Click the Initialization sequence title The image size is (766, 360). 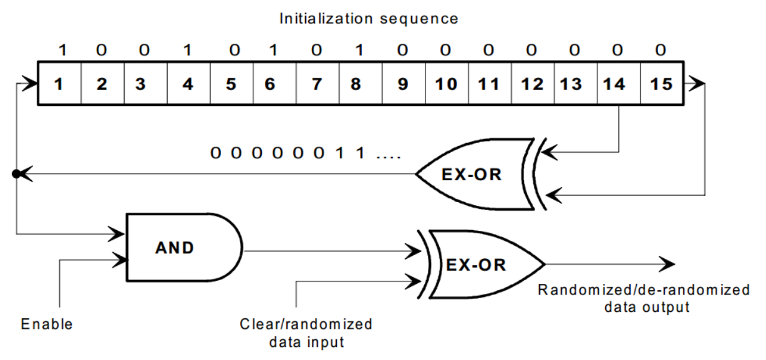[x=369, y=18]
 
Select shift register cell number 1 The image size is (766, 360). [x=59, y=83]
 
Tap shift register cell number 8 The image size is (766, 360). [x=356, y=83]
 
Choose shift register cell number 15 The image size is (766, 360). [x=661, y=83]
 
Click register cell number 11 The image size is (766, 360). [x=488, y=83]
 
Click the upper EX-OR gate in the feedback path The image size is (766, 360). [x=474, y=173]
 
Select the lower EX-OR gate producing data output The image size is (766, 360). [x=480, y=264]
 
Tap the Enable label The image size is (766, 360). [x=47, y=324]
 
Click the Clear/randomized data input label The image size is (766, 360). [x=306, y=333]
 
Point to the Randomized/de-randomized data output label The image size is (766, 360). [x=643, y=298]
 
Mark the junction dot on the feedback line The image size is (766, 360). [x=16, y=174]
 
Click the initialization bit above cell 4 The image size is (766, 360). [x=187, y=50]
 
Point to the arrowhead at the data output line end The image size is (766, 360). [x=667, y=264]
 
